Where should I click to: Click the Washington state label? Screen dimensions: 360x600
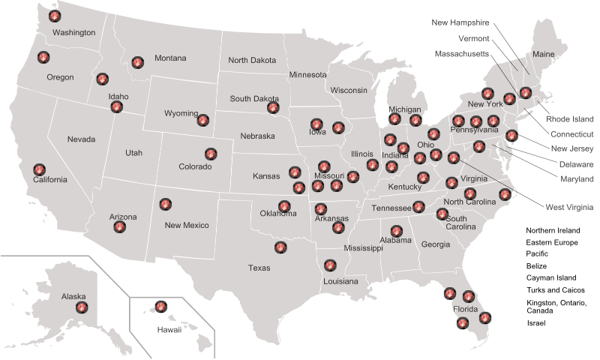pos(73,33)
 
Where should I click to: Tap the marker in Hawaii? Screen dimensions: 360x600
pos(160,305)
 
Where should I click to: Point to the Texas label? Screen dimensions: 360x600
pos(259,268)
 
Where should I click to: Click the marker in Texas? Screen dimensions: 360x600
pos(280,246)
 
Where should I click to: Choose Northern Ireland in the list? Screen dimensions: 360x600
pos(553,230)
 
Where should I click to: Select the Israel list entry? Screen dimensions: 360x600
pos(535,323)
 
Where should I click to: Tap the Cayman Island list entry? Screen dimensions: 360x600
pos(550,277)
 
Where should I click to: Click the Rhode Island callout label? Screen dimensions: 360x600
pos(569,118)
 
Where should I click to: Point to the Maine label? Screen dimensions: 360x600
pos(543,54)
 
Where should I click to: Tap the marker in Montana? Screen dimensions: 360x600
pos(137,62)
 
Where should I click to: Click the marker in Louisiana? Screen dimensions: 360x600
pos(330,265)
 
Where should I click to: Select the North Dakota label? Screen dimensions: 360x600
pos(252,60)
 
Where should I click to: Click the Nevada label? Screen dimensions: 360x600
pos(81,139)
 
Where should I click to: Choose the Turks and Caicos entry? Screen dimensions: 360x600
pos(556,289)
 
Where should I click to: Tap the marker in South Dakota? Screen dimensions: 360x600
pos(273,108)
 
